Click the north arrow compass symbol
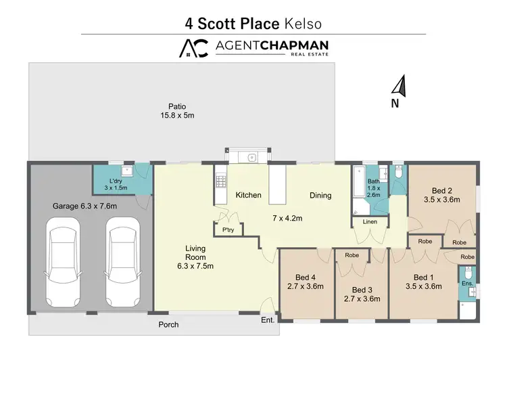399,86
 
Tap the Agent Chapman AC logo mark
193,47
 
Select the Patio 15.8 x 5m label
177,111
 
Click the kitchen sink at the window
251,157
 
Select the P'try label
228,230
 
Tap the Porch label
168,325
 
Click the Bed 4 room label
306,282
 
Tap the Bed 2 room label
441,195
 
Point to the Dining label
320,196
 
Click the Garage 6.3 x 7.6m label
85,206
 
